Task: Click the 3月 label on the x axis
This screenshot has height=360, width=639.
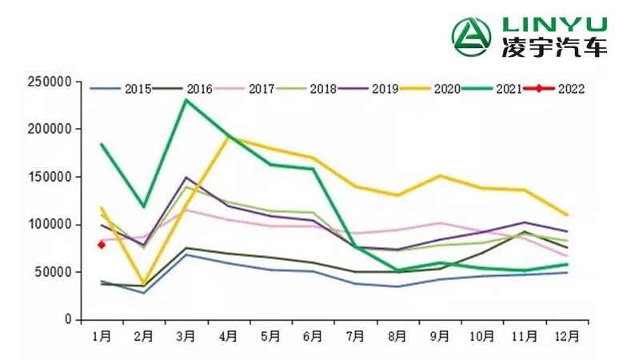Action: [x=186, y=336]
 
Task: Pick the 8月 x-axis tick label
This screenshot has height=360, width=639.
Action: [x=397, y=336]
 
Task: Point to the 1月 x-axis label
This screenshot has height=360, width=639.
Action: [x=102, y=336]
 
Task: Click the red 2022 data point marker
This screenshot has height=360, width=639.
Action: [x=102, y=245]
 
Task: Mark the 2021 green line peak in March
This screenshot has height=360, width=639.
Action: [x=186, y=100]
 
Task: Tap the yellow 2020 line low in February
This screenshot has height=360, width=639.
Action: [x=144, y=285]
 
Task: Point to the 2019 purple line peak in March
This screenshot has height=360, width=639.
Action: [x=186, y=178]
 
